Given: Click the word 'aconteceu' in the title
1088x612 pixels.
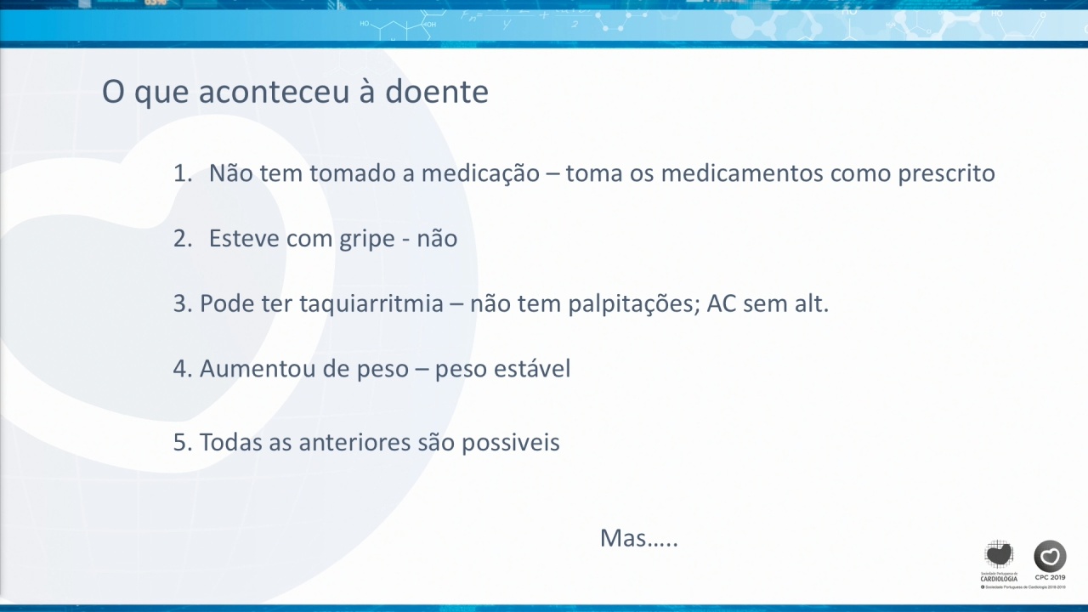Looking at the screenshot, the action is click(274, 91).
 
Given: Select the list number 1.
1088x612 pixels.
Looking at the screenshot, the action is click(183, 173).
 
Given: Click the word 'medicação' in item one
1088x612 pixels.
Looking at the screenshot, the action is click(480, 174).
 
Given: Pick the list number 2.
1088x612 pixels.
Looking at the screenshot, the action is click(183, 239).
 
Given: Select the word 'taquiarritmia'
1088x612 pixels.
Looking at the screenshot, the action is click(371, 304).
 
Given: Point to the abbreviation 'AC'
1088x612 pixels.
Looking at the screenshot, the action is click(722, 303).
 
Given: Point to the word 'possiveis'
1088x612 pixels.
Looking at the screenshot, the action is click(511, 443).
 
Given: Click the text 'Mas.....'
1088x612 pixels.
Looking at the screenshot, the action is click(639, 538).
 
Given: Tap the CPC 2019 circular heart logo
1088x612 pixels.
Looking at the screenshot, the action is click(1050, 556).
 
